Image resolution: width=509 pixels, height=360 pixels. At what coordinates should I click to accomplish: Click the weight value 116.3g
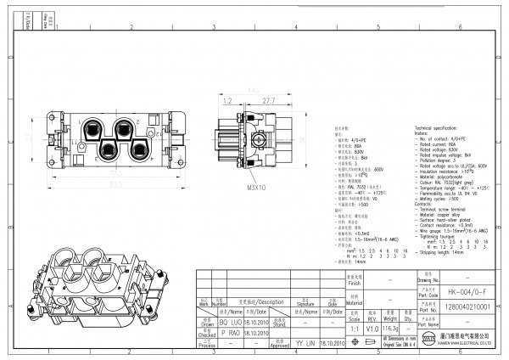390,326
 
